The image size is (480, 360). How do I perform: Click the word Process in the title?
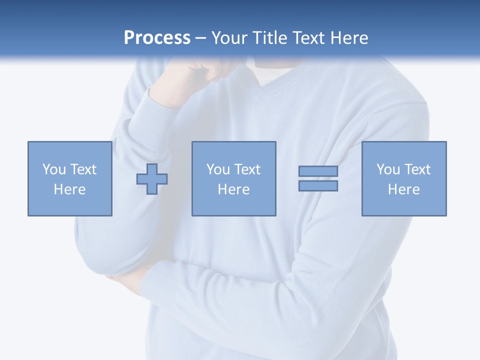(157, 38)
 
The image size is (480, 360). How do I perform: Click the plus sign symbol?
(152, 179)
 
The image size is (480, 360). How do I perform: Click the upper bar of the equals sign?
(318, 171)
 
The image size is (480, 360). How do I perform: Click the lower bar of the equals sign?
(318, 186)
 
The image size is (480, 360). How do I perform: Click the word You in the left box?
(54, 169)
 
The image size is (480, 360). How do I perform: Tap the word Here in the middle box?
(233, 189)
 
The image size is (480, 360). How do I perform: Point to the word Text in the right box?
(417, 169)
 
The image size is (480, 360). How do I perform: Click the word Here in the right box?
(403, 189)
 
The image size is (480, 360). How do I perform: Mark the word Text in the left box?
(83, 169)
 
